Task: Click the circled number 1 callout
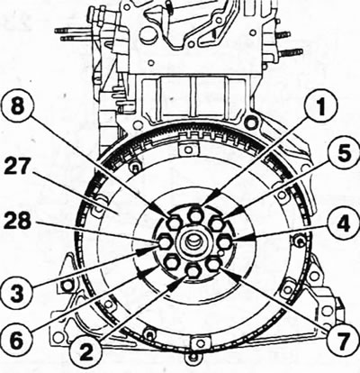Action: pyautogui.click(x=321, y=106)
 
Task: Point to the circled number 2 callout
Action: pyautogui.click(x=85, y=350)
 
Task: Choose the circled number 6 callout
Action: pyautogui.click(x=16, y=341)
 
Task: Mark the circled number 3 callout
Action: pyautogui.click(x=16, y=291)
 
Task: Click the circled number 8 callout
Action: pyautogui.click(x=17, y=106)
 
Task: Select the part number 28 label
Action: pyautogui.click(x=17, y=222)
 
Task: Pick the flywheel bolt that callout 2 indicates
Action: pyautogui.click(x=193, y=271)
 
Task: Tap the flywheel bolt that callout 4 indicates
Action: pyautogui.click(x=223, y=241)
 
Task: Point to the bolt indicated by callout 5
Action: pyautogui.click(x=215, y=223)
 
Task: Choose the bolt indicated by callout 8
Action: pyautogui.click(x=174, y=223)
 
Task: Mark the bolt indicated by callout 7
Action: pyautogui.click(x=213, y=264)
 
